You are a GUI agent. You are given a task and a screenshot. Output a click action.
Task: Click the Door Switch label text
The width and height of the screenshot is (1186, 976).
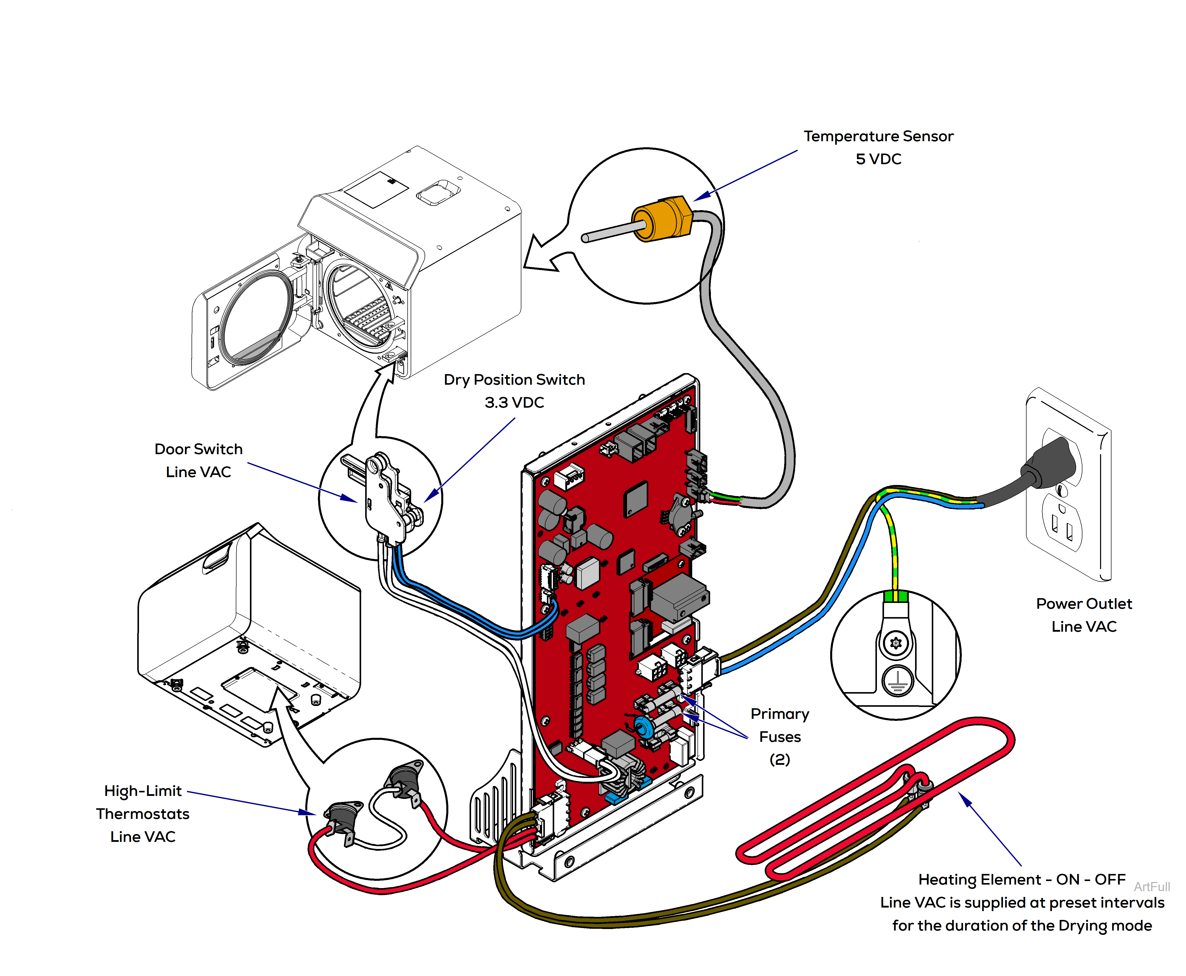199,449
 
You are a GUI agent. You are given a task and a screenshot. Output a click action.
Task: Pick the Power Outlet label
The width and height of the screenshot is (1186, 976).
1084,604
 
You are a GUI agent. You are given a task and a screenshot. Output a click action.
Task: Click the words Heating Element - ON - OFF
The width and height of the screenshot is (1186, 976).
1021,879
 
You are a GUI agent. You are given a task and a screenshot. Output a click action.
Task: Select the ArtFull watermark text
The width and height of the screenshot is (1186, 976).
1151,887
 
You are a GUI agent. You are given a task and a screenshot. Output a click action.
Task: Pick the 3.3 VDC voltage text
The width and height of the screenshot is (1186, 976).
514,403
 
